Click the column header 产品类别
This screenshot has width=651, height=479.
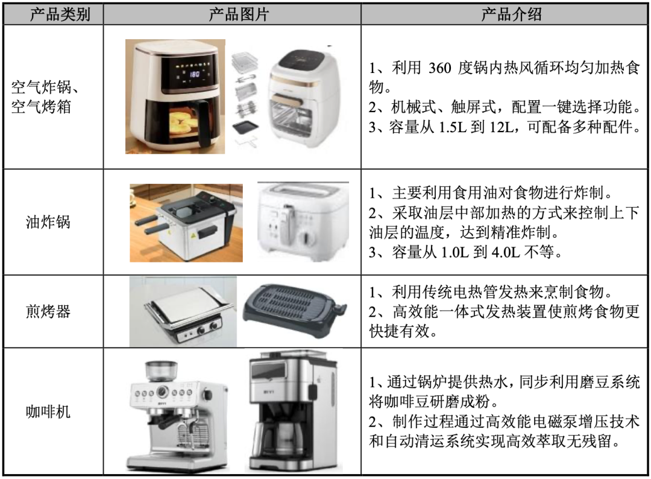(x=60, y=14)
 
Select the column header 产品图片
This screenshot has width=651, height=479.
(x=238, y=14)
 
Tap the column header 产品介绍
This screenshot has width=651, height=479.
(x=511, y=14)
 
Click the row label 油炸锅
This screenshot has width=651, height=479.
(x=48, y=222)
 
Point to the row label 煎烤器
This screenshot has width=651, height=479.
(x=48, y=311)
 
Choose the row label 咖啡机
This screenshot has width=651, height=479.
(x=48, y=411)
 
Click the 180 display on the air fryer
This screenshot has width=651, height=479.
(x=194, y=74)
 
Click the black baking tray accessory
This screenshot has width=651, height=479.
(x=246, y=128)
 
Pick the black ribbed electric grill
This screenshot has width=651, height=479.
(x=295, y=306)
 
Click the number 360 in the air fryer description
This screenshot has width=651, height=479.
(x=439, y=68)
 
